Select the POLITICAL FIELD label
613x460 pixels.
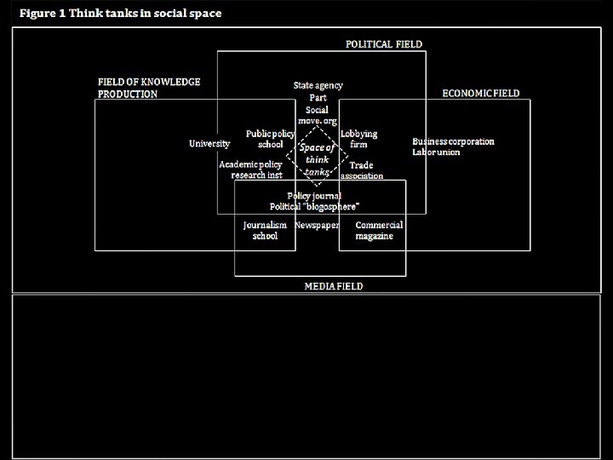pos(383,44)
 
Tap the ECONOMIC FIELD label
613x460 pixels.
pos(480,93)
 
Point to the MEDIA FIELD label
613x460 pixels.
pos(334,286)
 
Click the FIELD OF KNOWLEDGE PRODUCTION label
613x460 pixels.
pos(149,88)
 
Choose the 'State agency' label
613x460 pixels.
pos(318,86)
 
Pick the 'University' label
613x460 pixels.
pos(209,144)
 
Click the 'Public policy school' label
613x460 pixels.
pos(271,139)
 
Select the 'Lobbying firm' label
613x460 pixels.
pos(358,139)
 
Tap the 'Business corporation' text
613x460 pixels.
pos(453,141)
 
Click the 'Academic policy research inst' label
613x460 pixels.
pos(251,170)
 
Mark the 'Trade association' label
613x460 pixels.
pos(362,170)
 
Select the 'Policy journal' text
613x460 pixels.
pos(314,196)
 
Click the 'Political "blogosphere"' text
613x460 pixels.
pos(314,206)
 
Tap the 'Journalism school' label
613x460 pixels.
pos(265,230)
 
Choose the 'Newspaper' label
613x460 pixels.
pos(317,225)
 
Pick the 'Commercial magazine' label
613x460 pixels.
pos(379,230)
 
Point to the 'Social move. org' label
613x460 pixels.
pos(317,115)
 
